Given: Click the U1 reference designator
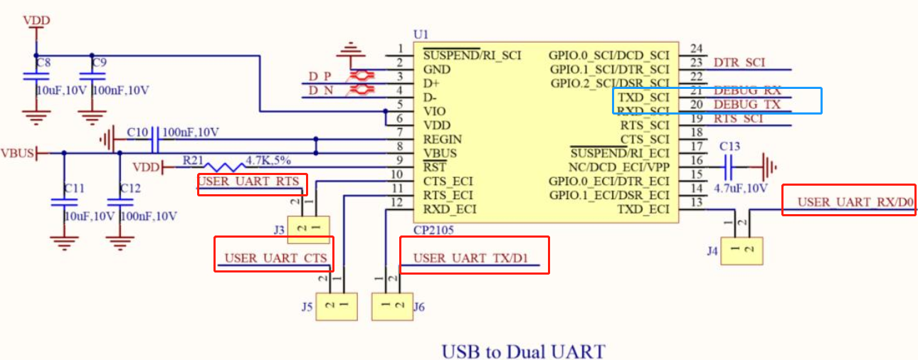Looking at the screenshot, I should coord(421,35).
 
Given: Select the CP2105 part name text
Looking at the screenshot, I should coord(433,231).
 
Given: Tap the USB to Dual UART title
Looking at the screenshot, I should coord(523,351).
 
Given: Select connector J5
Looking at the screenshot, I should coord(335,306).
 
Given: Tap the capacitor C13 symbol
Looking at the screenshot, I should coord(729,167).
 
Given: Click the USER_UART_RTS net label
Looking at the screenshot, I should coord(249,182).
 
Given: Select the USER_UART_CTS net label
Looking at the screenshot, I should coord(275,258).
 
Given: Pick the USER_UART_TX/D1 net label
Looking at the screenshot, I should coord(472,258).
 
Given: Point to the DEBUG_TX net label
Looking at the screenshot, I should coord(747,105).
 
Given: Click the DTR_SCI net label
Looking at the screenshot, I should coord(739,63).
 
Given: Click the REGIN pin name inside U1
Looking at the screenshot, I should coord(441,139).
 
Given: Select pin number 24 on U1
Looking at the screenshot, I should coord(697,49).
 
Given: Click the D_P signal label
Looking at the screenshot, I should coord(320,76).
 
